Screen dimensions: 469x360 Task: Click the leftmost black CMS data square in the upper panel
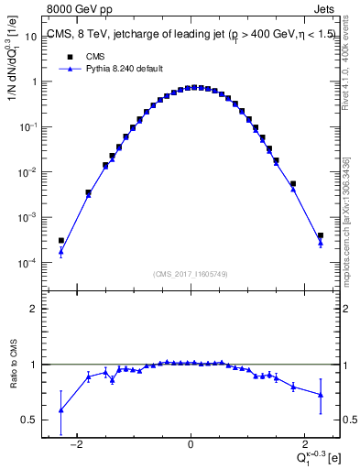61,241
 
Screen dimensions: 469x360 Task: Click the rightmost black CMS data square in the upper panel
321,235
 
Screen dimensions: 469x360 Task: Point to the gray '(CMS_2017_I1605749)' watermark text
191,274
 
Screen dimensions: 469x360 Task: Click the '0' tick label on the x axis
191,446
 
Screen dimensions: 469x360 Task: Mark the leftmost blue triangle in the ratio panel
61,409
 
